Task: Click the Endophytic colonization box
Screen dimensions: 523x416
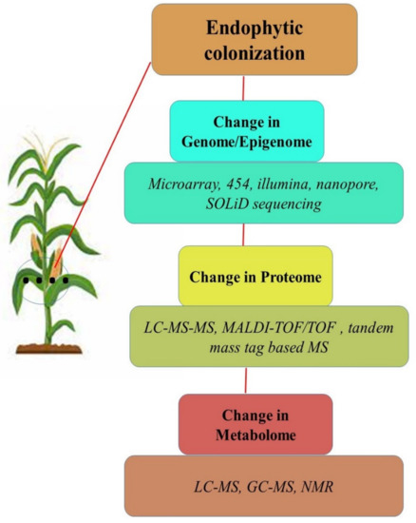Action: pos(251,41)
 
